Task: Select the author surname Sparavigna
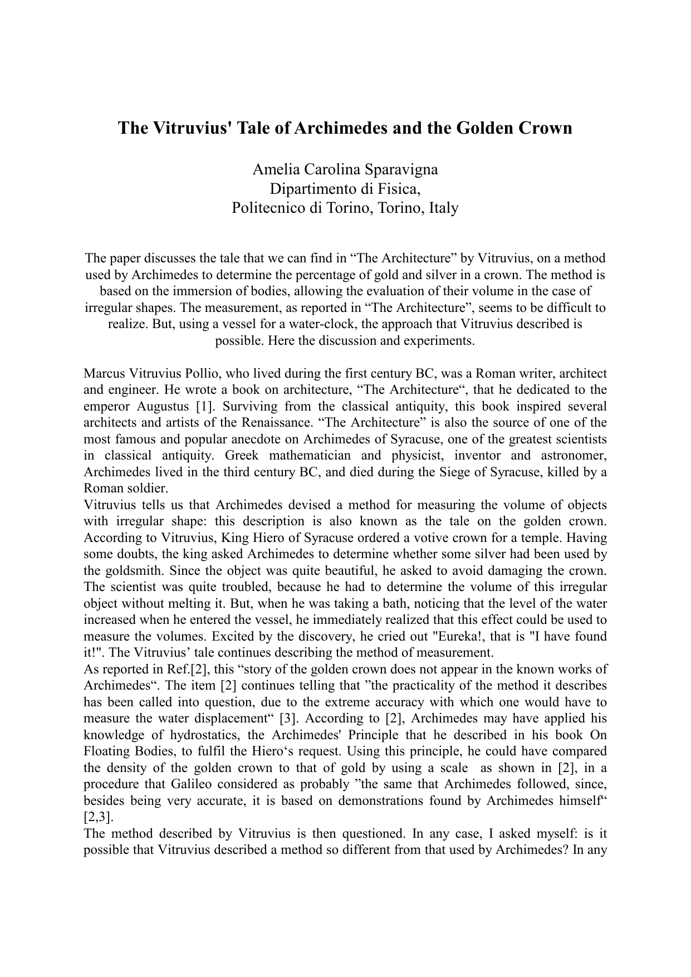(398, 169)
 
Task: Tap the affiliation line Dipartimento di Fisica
(345, 189)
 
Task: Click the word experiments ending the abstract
(443, 340)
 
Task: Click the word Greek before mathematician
(242, 456)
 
